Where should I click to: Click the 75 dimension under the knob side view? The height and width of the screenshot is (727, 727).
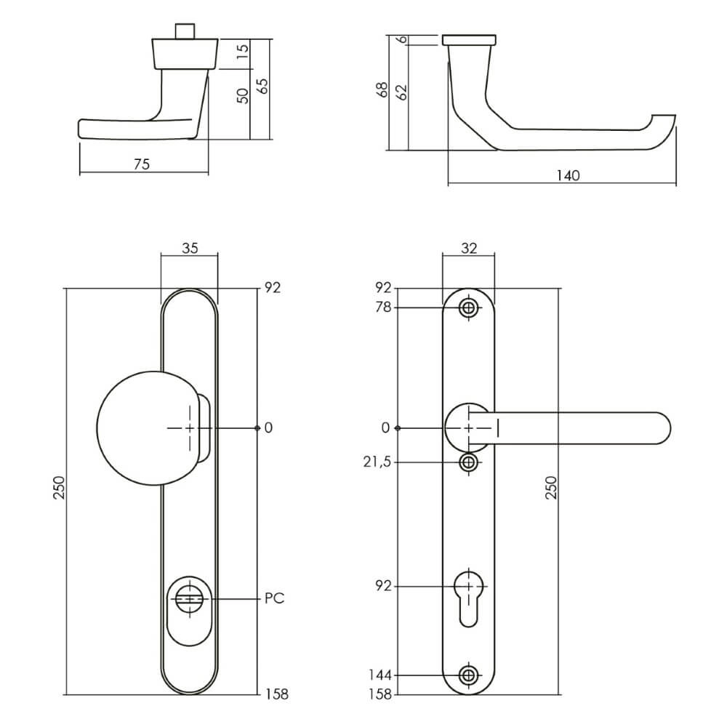point(142,164)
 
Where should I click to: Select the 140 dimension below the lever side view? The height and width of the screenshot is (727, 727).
point(567,175)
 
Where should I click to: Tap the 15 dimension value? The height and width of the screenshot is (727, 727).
point(243,51)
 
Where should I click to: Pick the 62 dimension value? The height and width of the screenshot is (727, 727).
point(401,92)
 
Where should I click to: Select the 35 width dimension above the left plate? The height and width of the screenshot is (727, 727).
point(189,248)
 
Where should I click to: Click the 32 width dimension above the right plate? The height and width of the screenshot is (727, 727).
point(469,248)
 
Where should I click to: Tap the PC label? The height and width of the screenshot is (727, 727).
point(274,599)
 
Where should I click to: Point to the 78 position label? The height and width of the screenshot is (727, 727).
point(383,308)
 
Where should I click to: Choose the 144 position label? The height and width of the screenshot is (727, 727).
point(380,675)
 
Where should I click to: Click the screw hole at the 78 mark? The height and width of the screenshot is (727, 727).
point(469,308)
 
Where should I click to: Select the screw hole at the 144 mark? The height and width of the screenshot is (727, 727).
point(469,675)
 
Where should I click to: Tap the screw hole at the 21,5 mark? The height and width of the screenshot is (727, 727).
point(469,462)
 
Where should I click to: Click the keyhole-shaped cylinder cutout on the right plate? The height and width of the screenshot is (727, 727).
point(469,596)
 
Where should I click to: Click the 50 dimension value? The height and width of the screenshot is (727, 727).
point(243,95)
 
